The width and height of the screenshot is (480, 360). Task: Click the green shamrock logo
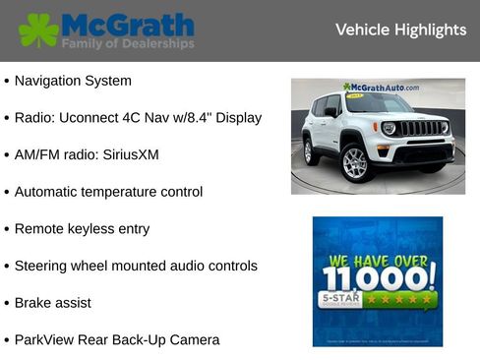(x=38, y=30)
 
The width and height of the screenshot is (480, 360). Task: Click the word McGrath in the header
(x=127, y=24)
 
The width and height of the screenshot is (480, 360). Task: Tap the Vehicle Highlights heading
(x=400, y=30)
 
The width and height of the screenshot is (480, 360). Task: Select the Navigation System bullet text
(x=73, y=81)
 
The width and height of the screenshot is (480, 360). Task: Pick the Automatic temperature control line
(x=108, y=192)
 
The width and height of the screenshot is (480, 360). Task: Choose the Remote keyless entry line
(x=82, y=229)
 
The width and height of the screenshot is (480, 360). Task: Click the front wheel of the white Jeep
(x=354, y=161)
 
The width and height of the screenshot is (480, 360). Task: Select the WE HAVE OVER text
(x=378, y=261)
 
